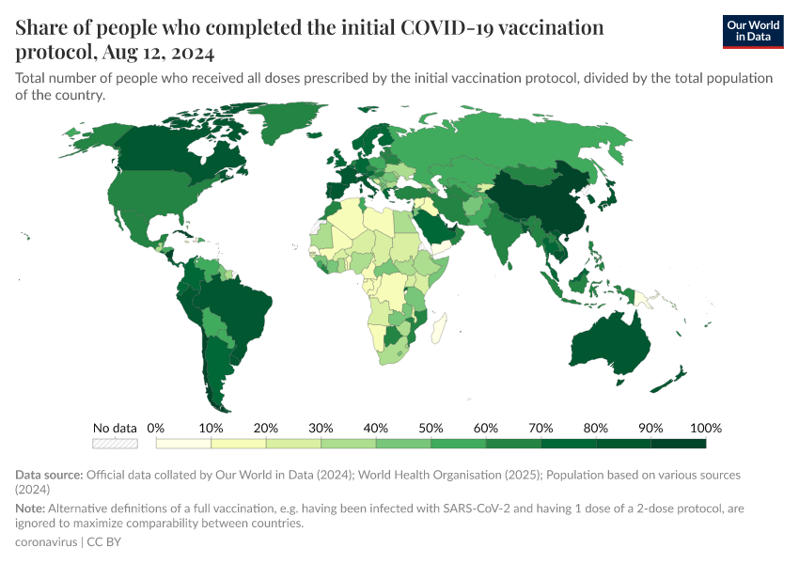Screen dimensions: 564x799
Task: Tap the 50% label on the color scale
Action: coord(431,428)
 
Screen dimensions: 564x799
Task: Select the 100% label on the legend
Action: coord(704,428)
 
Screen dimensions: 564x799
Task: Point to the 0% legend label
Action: coord(156,428)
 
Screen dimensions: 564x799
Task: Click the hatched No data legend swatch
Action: coord(115,443)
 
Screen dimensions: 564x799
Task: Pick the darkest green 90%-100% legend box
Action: coord(679,443)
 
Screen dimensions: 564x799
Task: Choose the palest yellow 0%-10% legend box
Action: coord(183,443)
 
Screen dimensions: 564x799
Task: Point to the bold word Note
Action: coord(33,508)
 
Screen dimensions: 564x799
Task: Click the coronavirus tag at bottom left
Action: coord(47,542)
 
